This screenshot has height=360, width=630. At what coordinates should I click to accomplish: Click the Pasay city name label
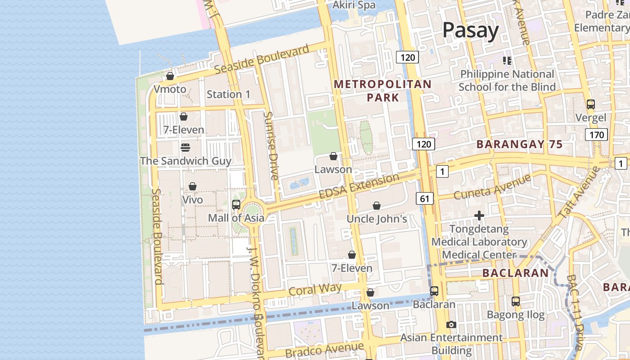point(470,31)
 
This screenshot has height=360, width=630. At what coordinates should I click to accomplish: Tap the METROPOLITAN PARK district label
point(382,90)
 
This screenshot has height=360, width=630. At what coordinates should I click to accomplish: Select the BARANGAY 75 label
point(519,144)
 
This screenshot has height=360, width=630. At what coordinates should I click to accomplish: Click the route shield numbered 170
point(596,134)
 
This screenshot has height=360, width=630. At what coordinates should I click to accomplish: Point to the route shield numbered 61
point(425,198)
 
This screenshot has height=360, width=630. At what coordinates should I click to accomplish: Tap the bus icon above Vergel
point(590,104)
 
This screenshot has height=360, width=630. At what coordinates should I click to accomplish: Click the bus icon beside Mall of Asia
point(236,205)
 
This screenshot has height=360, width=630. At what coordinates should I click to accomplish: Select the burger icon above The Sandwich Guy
point(185,147)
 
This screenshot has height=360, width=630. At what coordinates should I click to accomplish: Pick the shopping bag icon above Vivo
point(193,186)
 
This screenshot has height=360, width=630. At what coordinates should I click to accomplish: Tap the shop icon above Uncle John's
point(377,206)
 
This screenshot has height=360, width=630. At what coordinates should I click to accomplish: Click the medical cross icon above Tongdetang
point(479,216)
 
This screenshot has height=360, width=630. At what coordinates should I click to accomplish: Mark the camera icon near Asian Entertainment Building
point(451,324)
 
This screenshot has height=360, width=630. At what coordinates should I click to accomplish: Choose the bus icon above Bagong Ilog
point(516,301)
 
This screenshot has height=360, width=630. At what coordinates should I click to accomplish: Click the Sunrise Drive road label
point(271,146)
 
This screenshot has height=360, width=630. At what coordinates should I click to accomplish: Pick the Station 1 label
point(228,94)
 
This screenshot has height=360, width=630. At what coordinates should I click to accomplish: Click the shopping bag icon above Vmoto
point(170,76)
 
